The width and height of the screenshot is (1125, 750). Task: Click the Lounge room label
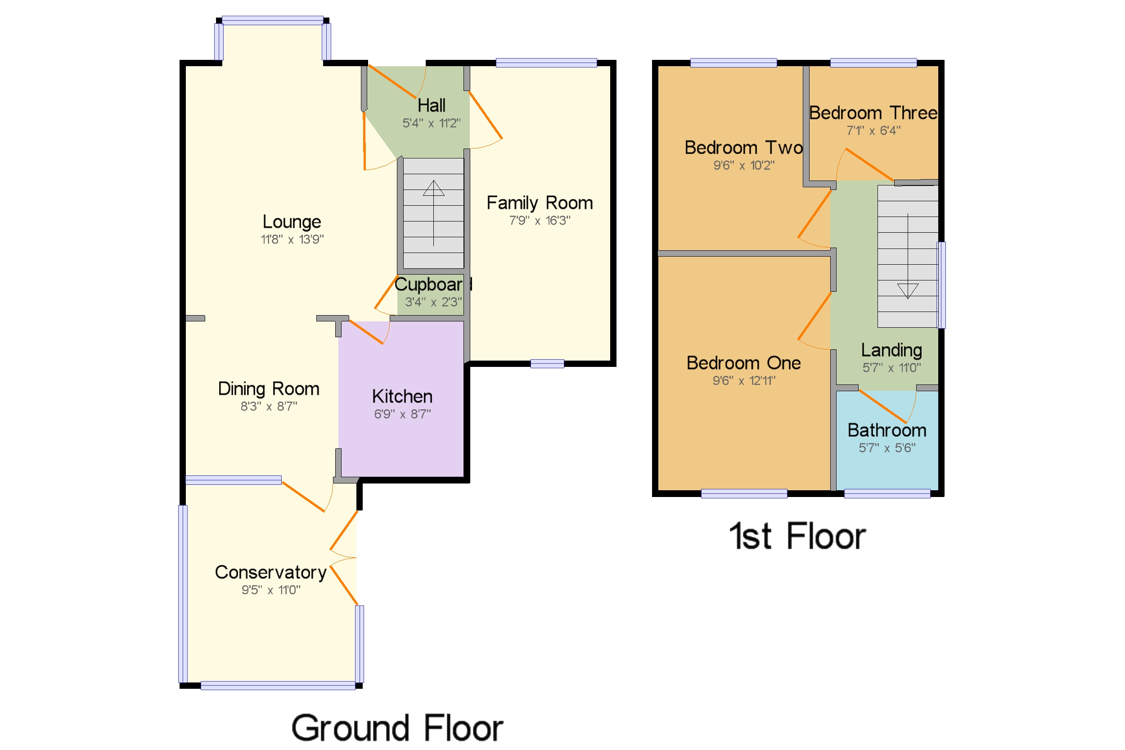[x=292, y=222]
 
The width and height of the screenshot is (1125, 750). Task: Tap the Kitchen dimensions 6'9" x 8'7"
[x=402, y=414]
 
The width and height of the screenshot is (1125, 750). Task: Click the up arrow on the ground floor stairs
[x=434, y=189]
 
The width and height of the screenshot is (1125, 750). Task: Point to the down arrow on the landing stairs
[x=907, y=291]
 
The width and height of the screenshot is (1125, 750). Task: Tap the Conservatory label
[x=270, y=573]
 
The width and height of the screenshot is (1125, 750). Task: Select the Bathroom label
[x=886, y=430]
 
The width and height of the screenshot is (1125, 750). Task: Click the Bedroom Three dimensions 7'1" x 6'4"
[x=873, y=131]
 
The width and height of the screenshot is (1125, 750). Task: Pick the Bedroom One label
[x=743, y=363]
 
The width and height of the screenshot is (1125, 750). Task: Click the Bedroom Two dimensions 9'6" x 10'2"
[x=743, y=166]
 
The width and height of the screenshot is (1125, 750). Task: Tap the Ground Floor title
[x=397, y=728]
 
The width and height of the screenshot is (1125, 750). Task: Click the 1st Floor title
[x=797, y=536]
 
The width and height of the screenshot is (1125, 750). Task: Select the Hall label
[x=431, y=105]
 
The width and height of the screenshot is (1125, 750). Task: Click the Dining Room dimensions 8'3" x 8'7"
[x=269, y=407]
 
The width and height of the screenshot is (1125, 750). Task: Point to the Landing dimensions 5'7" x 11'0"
[x=891, y=368]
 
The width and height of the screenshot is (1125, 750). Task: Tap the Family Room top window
[x=546, y=63]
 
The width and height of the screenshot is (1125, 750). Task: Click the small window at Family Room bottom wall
[x=547, y=364]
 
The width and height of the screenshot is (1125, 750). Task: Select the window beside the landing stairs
[x=941, y=285]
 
